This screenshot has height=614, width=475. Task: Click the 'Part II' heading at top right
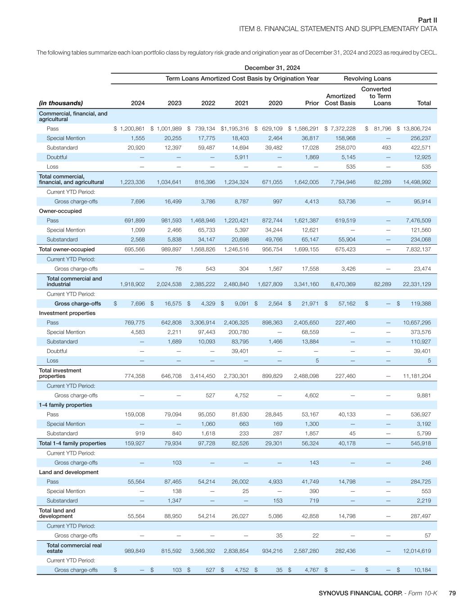[x=427, y=20]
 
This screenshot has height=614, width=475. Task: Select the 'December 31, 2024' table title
[x=272, y=68]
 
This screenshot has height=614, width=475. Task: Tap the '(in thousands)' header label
[x=61, y=103]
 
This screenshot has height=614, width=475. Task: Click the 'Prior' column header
[x=312, y=103]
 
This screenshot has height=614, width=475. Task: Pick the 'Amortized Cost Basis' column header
[x=340, y=99]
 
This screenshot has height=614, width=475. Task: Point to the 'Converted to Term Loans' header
[x=376, y=96]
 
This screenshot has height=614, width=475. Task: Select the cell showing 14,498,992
[x=414, y=182]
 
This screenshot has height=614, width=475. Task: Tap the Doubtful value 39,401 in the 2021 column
[x=239, y=351]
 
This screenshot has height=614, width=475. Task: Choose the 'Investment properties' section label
[x=67, y=313]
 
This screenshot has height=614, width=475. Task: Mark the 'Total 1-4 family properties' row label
[x=72, y=443]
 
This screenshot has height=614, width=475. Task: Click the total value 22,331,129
[x=414, y=284]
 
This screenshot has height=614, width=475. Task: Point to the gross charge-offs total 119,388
[x=418, y=304]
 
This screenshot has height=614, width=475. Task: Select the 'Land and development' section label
[x=68, y=472]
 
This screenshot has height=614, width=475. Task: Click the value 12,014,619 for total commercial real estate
[x=414, y=551]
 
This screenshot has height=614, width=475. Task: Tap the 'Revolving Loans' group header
[x=367, y=78]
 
